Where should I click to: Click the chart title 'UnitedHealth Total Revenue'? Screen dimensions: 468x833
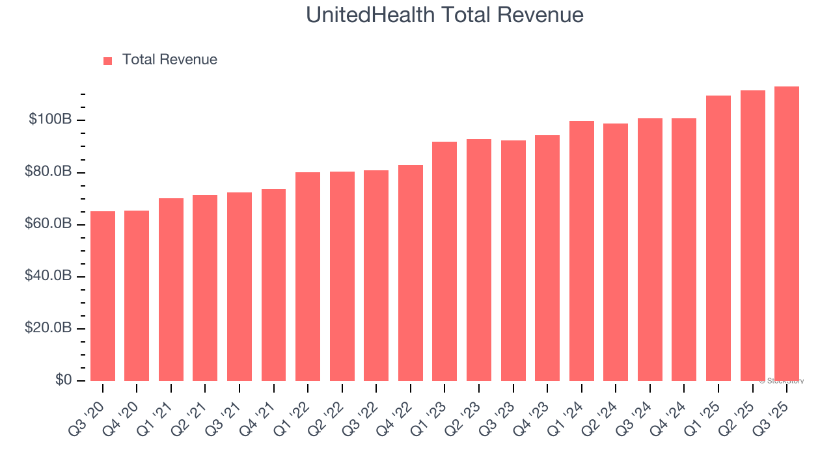point(444,15)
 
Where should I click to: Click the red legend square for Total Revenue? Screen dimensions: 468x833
point(108,60)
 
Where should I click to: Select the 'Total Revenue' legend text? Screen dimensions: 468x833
point(169,60)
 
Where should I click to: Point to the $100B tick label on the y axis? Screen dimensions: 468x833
point(50,120)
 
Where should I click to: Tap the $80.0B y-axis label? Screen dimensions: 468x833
point(48,172)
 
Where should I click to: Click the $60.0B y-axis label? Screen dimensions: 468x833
point(48,224)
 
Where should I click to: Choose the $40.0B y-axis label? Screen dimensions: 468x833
point(48,276)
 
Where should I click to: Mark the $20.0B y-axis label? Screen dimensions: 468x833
point(48,328)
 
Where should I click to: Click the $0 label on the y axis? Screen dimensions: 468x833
point(63,380)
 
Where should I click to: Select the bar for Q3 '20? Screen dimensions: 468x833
point(103,296)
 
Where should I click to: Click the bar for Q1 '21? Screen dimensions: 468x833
point(171,289)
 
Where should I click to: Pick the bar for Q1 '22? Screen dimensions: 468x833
point(308,276)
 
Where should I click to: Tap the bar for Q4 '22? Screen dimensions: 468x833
point(411,273)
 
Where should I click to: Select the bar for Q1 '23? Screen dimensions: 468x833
point(444,261)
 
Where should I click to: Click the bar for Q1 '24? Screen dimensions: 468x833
point(582,251)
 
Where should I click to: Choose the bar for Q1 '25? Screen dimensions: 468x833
point(718,238)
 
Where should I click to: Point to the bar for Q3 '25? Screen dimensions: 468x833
point(787,233)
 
